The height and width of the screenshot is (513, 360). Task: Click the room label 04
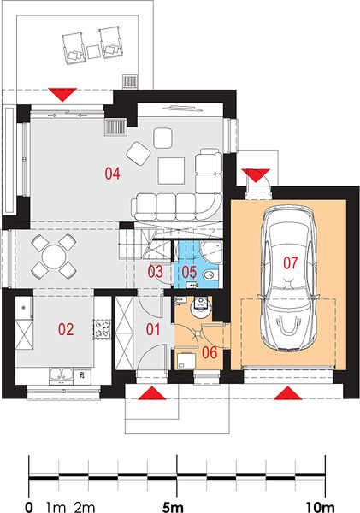(x=112, y=174)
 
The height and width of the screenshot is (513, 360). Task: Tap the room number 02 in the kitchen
(x=66, y=329)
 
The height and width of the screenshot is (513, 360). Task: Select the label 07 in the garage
(x=290, y=263)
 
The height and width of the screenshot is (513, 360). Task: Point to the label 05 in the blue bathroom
(x=189, y=272)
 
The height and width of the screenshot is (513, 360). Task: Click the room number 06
(x=210, y=352)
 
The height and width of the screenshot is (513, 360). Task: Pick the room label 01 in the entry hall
(x=153, y=329)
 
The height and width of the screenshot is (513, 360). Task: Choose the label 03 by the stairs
(x=155, y=272)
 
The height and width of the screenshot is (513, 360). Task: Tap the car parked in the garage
(x=289, y=279)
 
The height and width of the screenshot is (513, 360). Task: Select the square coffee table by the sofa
(x=171, y=171)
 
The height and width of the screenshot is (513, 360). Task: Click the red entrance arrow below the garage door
(x=288, y=393)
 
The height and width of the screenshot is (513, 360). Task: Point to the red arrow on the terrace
(x=62, y=95)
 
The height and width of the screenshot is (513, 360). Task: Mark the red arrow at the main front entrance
(x=151, y=393)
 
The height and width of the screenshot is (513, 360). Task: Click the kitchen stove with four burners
(x=102, y=329)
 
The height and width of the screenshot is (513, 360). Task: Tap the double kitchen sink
(x=61, y=375)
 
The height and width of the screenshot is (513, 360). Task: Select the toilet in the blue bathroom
(x=210, y=274)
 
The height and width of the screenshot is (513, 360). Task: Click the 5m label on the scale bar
(x=173, y=507)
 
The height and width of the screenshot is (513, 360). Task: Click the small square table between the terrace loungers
(x=93, y=51)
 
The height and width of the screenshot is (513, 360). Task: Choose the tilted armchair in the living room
(x=139, y=153)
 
